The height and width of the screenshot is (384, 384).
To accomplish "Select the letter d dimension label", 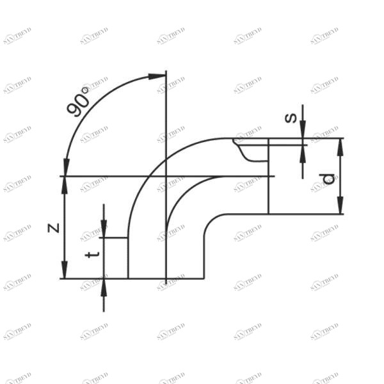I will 329,179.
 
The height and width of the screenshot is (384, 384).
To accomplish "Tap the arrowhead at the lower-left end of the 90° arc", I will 65,168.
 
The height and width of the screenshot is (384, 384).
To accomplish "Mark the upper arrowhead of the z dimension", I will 64,184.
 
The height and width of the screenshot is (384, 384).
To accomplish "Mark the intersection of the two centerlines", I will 166,176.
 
